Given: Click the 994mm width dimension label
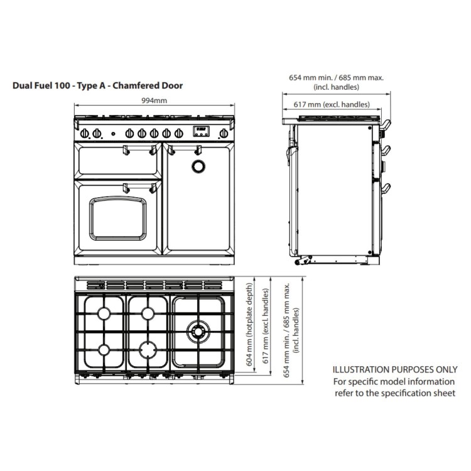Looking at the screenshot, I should click(x=154, y=100).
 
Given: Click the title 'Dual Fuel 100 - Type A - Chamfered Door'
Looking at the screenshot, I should click(x=98, y=85).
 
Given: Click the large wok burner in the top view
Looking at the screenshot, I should click(x=198, y=330).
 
